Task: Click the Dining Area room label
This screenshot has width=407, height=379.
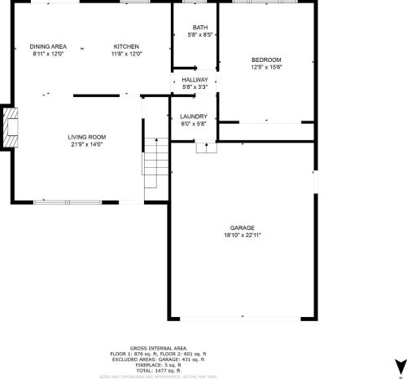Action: [47, 46]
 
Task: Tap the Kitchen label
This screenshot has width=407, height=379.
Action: [126, 46]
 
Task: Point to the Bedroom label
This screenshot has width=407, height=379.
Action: [266, 60]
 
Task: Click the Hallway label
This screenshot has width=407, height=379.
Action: [195, 79]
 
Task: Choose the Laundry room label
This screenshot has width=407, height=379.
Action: [194, 117]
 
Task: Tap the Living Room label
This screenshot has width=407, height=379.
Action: [87, 137]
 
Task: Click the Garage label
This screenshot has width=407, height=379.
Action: [243, 227]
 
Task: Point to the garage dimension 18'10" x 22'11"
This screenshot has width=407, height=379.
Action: [243, 235]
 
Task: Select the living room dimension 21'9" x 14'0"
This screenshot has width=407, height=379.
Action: [87, 144]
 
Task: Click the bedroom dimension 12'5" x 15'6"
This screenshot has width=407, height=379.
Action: [266, 68]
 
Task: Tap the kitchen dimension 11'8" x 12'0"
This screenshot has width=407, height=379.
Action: [126, 54]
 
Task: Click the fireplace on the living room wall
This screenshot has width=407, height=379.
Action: [8, 128]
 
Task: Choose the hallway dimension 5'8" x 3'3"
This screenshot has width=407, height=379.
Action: [195, 86]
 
